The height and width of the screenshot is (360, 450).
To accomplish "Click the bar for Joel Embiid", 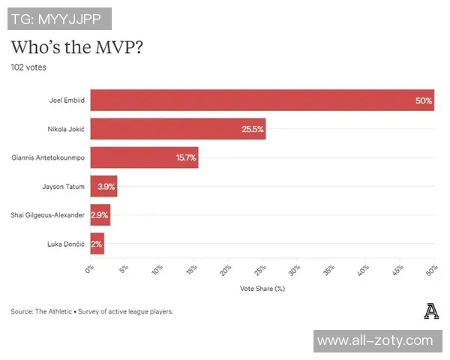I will click(262, 100).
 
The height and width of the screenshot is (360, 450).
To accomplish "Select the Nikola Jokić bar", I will click(178, 129).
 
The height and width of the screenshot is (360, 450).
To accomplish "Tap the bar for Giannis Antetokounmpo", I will click(144, 157).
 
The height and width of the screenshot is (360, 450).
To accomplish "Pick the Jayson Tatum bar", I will click(103, 186).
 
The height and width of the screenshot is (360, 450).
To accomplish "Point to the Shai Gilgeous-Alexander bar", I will click(100, 215).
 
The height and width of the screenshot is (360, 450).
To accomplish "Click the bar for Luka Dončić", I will click(97, 244).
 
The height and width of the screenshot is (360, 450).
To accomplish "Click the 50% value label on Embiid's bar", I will click(423, 100).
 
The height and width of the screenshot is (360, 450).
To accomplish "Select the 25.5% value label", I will click(252, 129).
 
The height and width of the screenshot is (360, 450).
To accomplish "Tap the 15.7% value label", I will click(185, 157).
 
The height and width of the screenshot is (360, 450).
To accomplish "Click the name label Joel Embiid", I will click(65, 100).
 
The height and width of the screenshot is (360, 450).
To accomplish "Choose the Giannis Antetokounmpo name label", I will click(48, 157).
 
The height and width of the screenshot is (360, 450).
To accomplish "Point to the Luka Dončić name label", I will click(66, 244).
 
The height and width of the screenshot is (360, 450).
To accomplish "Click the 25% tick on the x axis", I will click(259, 268).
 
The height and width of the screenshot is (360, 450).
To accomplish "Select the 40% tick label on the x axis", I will click(362, 268).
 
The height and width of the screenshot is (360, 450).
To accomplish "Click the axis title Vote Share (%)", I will click(262, 288).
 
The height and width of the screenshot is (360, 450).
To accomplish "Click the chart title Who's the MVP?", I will click(77, 46).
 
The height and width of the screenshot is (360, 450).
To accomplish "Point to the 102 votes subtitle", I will click(28, 67).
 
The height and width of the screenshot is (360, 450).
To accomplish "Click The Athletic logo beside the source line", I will click(430, 310).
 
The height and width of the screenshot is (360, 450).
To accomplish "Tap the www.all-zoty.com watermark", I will click(375, 340).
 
